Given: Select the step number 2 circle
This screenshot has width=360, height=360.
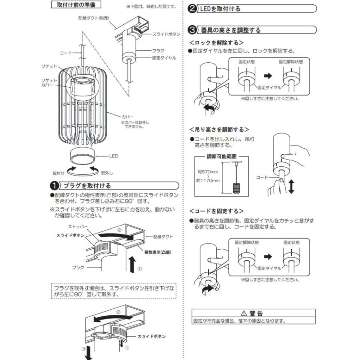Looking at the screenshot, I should [x=192, y=8].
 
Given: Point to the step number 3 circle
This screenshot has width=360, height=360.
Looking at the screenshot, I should [x=192, y=30].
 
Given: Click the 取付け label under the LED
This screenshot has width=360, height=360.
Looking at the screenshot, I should [x=59, y=173].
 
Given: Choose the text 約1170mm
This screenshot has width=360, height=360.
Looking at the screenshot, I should [x=209, y=181].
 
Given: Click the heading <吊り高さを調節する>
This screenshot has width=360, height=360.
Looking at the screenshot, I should [x=219, y=130].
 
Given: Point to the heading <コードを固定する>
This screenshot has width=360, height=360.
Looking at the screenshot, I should [x=216, y=211].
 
